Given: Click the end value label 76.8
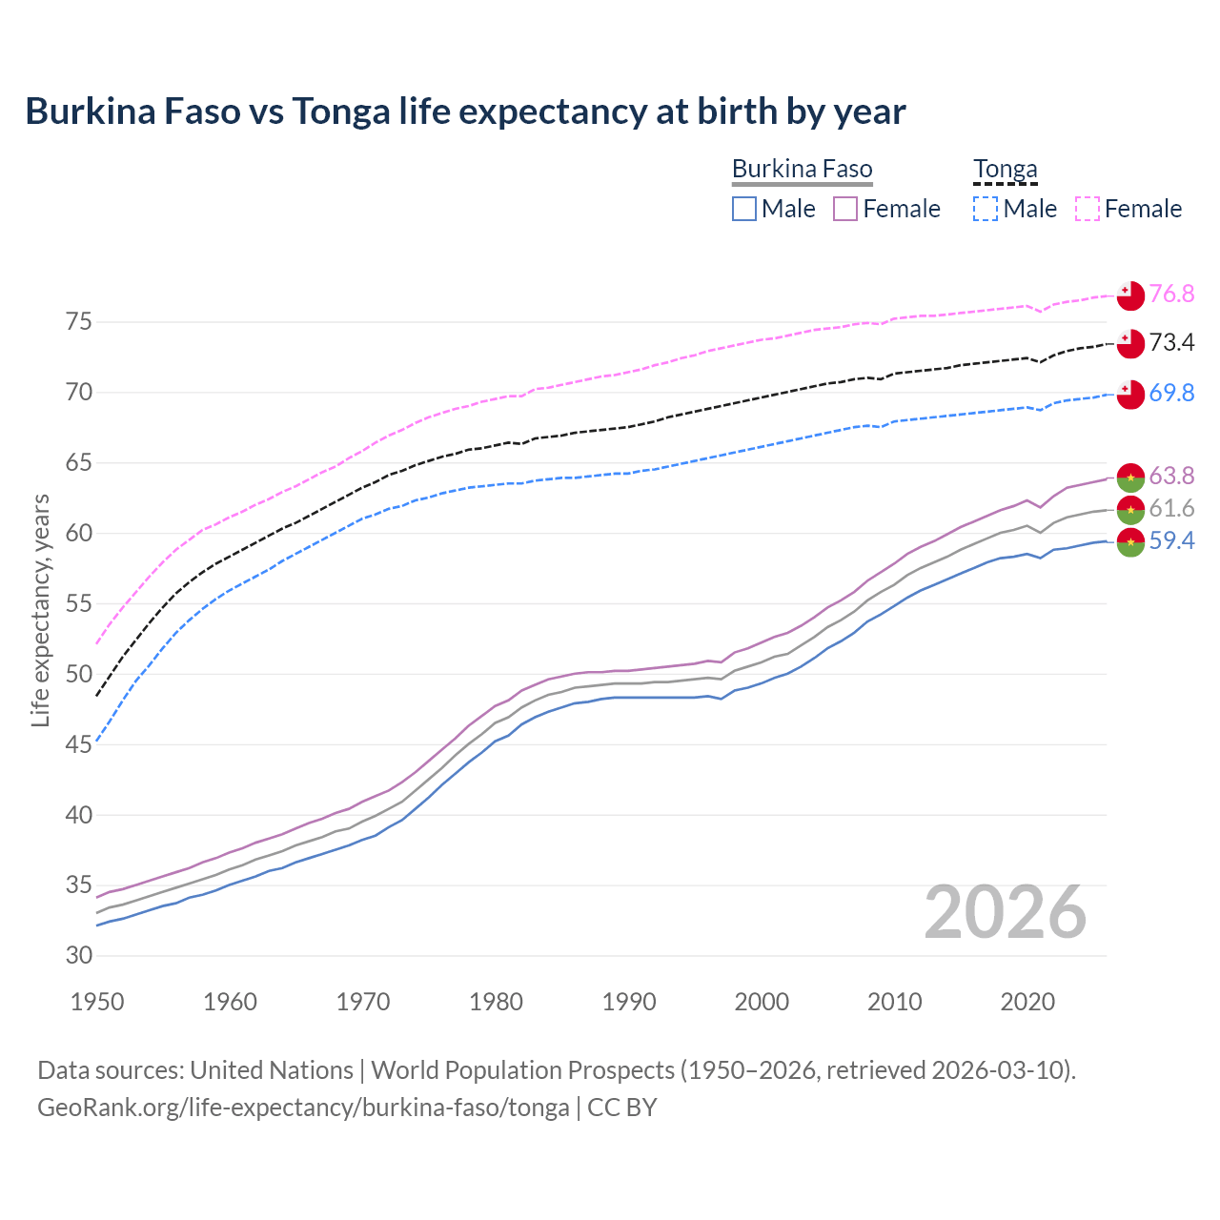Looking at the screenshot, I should point(1171,294).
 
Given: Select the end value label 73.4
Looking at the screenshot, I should point(1171,342).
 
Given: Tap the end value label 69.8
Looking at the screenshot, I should point(1171,393).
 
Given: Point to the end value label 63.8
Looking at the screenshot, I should point(1171,475).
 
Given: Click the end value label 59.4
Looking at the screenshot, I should point(1171,540).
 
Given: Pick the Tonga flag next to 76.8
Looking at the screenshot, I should point(1130,295).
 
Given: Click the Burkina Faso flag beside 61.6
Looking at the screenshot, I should point(1130,509).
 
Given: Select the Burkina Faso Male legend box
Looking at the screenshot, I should point(744,209).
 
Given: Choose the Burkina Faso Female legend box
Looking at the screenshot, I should point(845,209).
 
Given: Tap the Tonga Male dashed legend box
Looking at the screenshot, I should point(986,209).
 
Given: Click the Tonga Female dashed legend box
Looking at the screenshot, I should point(1088,209).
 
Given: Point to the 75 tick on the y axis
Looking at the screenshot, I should point(79,322).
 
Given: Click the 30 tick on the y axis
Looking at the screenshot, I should point(79,955).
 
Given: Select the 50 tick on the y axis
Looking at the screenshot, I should point(79,674).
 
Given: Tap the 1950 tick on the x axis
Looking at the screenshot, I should point(97,1002).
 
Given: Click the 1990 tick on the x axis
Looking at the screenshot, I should point(629,1002).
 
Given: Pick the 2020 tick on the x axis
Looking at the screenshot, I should point(1027,1002).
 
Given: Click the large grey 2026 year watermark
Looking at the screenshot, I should point(1006,912).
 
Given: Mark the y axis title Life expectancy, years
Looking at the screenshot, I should point(40,610).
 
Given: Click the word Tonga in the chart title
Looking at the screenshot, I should point(341,112).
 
